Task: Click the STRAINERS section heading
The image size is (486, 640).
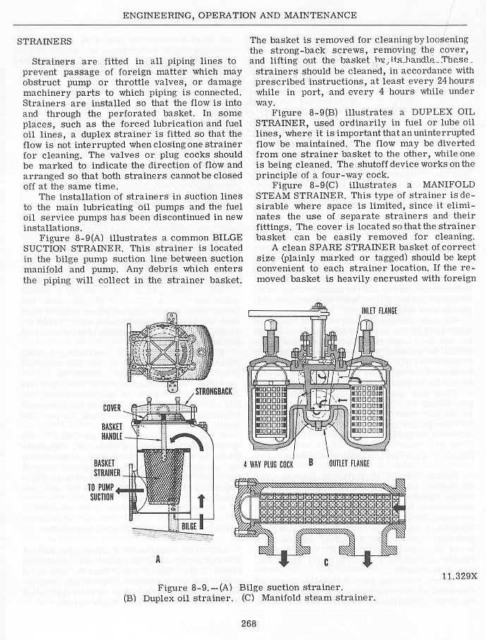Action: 44,41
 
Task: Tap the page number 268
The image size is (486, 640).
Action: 247,622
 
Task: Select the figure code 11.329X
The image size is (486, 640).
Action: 460,575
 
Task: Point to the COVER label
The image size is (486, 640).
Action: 114,407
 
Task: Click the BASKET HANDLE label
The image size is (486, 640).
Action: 113,431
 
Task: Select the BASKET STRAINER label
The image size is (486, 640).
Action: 107,467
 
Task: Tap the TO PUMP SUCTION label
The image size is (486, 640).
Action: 102,491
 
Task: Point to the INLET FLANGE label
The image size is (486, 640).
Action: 379,310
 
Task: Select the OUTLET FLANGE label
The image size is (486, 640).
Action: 349,464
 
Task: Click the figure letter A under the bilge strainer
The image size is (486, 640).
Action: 159,559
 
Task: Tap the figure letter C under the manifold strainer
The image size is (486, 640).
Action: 326,562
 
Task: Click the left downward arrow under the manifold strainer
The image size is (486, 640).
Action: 284,558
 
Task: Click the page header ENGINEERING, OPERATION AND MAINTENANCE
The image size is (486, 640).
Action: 239,15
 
